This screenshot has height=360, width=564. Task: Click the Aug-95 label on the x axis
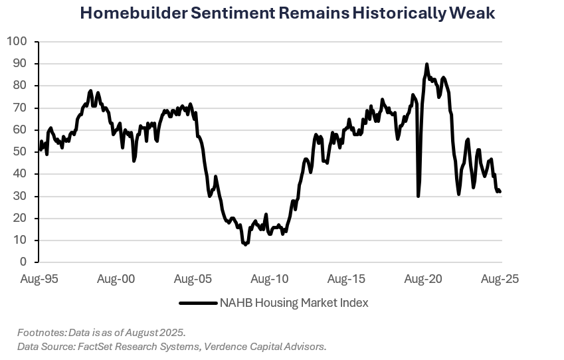[39, 279]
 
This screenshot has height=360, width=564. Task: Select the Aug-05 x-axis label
[193, 279]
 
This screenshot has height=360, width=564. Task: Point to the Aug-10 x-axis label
[270, 279]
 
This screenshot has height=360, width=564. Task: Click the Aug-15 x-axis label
[347, 279]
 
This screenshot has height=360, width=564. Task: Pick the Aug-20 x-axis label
[423, 279]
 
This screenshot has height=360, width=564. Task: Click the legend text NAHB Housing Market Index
[295, 303]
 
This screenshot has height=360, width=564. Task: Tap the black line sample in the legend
[198, 303]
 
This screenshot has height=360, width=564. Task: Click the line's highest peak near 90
[426, 64]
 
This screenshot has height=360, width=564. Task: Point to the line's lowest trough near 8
[245, 244]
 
